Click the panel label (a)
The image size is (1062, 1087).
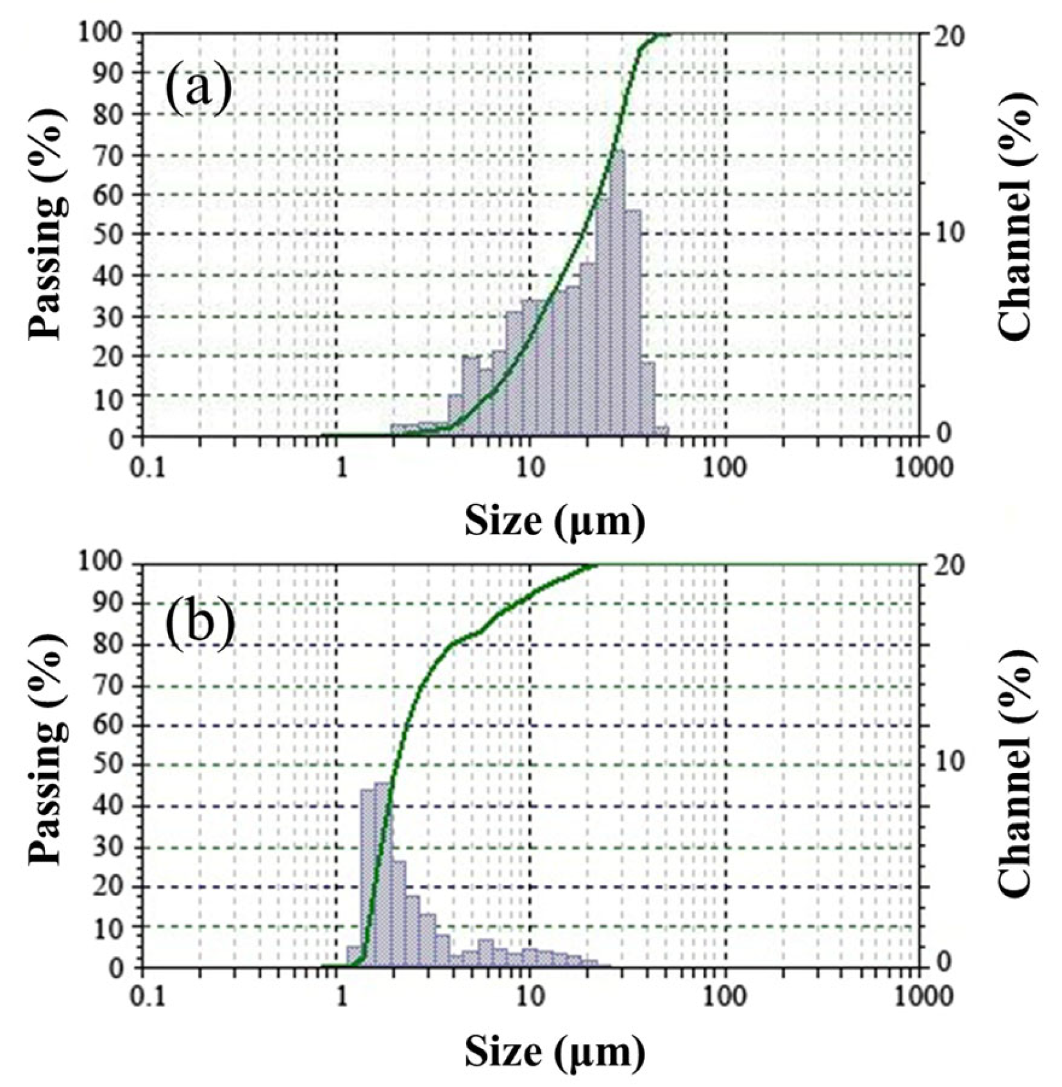(x=198, y=90)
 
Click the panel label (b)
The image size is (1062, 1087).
(x=198, y=620)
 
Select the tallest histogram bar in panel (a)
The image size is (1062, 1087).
(x=618, y=295)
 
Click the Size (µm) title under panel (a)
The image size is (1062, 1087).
(x=554, y=520)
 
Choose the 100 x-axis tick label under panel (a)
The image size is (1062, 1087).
(x=725, y=467)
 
